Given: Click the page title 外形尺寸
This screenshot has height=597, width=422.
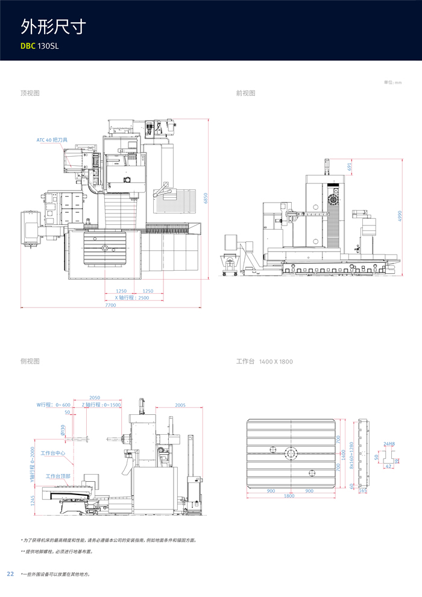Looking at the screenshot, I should (x=53, y=26).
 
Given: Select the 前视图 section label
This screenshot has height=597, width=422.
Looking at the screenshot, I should (x=245, y=93).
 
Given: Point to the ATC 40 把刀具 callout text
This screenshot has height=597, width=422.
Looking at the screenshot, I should (x=52, y=140).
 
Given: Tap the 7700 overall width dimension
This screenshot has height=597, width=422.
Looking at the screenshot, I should (x=110, y=305).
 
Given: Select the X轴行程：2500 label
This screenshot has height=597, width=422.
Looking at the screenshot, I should (x=131, y=298).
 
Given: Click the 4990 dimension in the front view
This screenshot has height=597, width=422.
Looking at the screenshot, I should (x=399, y=216).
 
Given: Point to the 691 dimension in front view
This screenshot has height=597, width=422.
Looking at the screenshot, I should (x=349, y=166).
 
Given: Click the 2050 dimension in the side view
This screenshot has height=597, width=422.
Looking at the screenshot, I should (x=95, y=398).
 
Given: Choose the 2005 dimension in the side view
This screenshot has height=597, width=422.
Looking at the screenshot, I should (x=180, y=405).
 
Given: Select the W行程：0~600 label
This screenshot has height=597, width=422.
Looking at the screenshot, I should (x=54, y=405).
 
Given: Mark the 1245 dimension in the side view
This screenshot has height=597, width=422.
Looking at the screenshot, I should (x=33, y=501).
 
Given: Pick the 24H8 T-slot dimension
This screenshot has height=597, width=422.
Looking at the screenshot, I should (x=389, y=444).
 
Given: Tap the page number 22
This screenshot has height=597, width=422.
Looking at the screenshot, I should (x=10, y=573).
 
